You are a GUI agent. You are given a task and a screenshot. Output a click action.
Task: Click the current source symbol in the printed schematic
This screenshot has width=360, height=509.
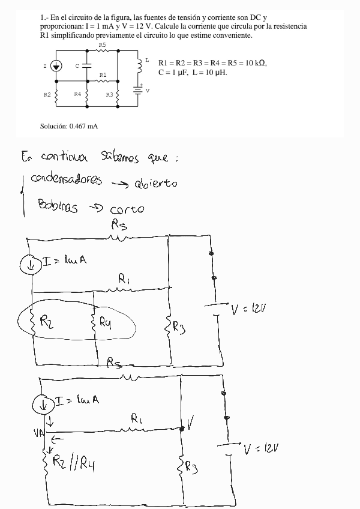(56, 66)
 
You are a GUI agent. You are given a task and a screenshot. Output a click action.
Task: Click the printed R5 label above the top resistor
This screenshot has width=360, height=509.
(102, 46)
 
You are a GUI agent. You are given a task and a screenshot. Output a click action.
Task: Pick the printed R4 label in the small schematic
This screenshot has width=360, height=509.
(77, 94)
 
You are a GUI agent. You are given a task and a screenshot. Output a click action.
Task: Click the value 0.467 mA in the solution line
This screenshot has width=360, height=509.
(83, 126)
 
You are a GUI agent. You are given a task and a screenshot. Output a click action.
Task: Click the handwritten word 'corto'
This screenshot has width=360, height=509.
(127, 210)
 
